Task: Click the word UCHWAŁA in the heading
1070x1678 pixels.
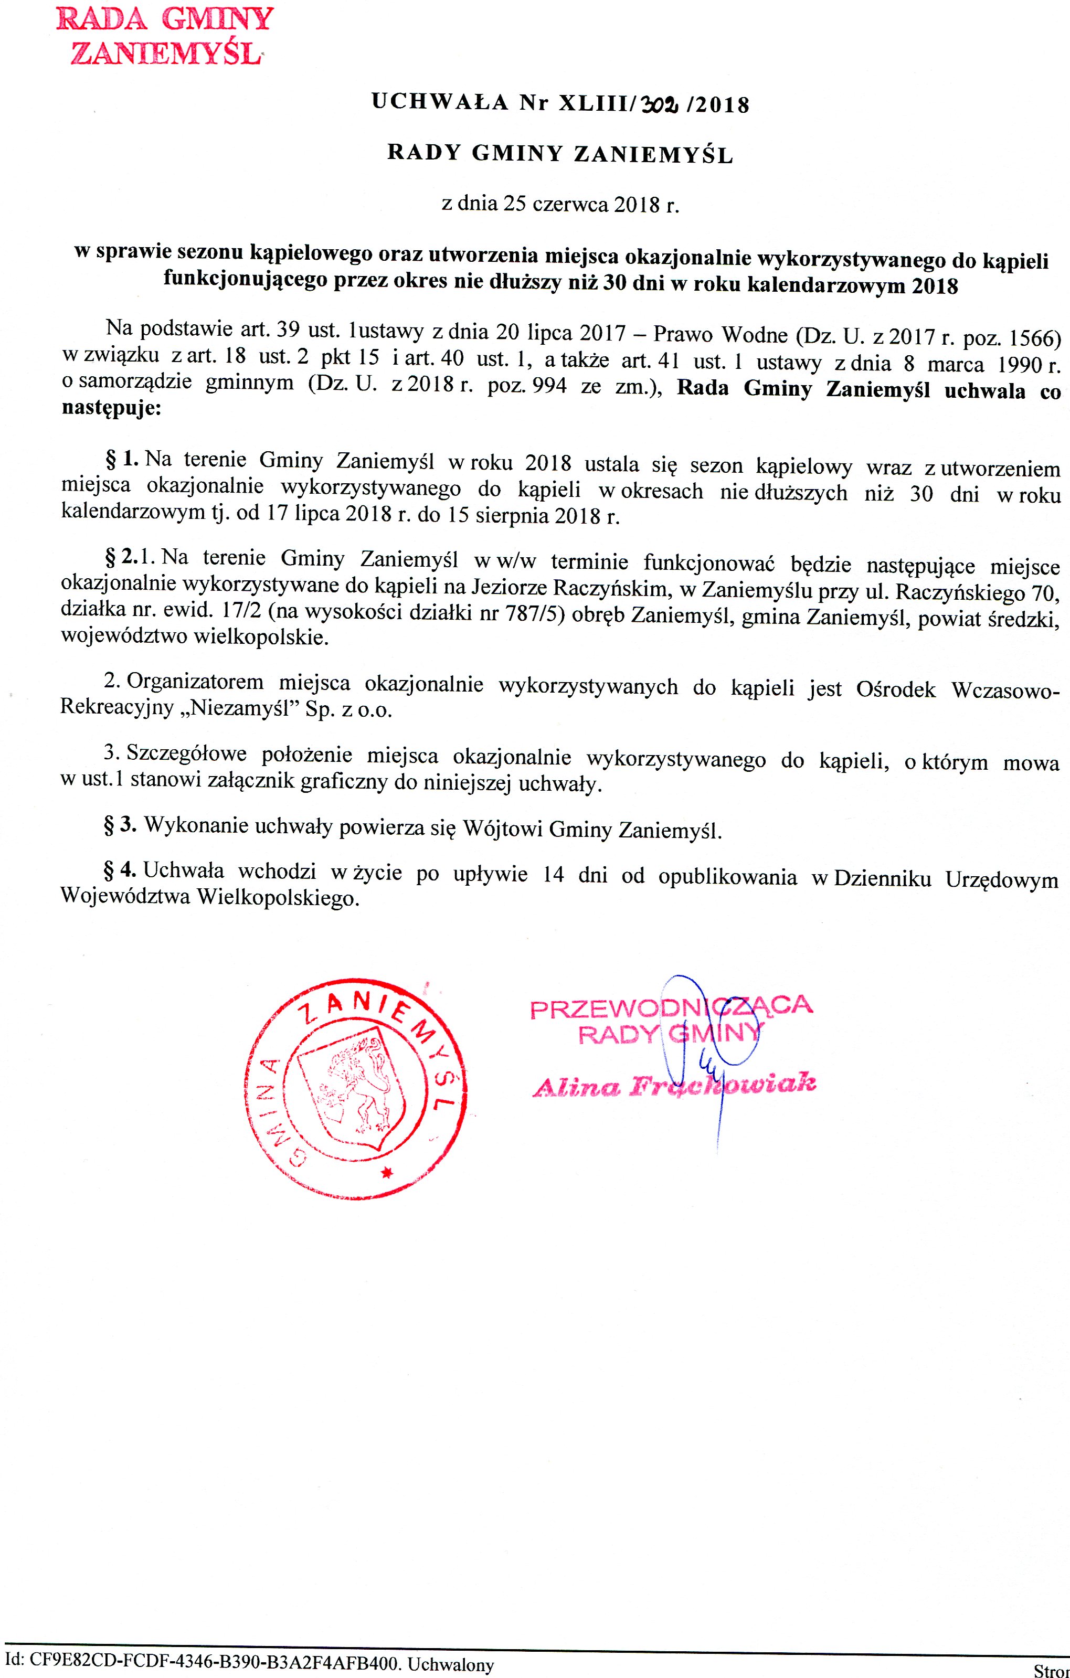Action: tap(440, 102)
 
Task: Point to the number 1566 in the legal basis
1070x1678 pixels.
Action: tap(1034, 338)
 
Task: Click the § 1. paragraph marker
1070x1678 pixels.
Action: tap(122, 459)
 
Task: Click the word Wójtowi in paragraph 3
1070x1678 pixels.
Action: tap(503, 829)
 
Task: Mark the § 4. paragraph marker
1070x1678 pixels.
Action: tap(120, 870)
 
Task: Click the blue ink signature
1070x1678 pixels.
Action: tap(707, 1045)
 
